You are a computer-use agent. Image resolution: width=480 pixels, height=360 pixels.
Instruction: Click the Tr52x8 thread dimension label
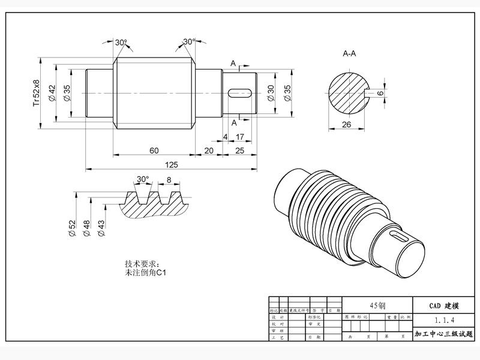(37, 93)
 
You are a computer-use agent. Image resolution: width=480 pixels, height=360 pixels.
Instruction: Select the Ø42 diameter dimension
(52, 93)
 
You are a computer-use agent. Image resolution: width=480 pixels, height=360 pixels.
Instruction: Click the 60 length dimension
(154, 150)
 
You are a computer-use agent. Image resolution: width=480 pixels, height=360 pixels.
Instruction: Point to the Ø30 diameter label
(271, 93)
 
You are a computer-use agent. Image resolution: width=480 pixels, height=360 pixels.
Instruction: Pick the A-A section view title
(349, 54)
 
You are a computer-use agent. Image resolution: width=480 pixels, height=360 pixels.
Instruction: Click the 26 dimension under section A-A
(346, 124)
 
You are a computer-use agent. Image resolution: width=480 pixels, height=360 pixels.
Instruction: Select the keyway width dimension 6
(380, 93)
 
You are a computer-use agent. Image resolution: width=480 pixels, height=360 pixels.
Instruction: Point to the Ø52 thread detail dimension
(73, 227)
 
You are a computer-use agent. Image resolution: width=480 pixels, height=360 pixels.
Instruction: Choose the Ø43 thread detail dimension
(101, 227)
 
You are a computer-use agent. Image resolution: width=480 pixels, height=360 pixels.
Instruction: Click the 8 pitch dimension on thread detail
(169, 179)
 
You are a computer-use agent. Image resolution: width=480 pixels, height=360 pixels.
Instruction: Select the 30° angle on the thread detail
(142, 179)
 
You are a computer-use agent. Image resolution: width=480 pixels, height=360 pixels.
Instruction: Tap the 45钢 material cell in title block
(377, 304)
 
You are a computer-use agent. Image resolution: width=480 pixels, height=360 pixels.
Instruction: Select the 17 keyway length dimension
(240, 137)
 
